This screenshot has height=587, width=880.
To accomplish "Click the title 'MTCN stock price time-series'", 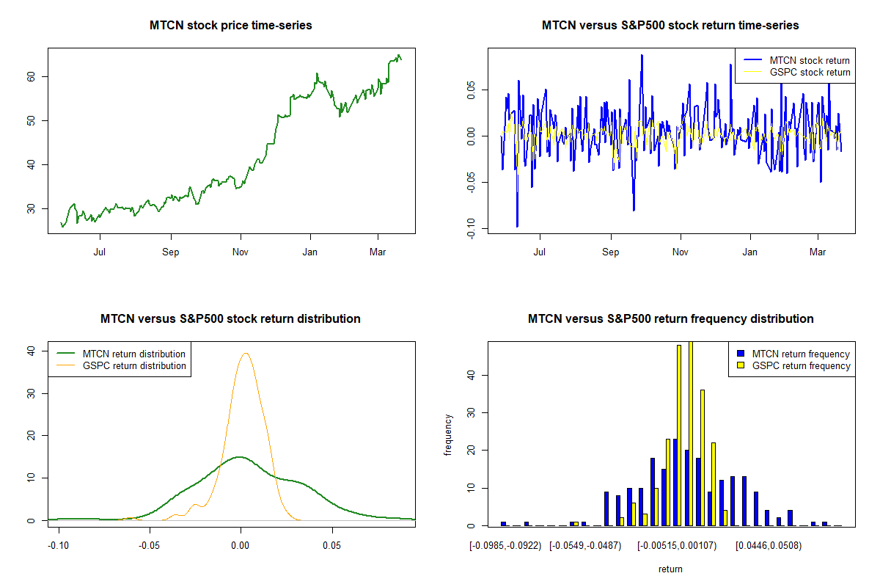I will click(231, 26).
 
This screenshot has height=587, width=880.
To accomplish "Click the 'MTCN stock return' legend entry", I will click(810, 60).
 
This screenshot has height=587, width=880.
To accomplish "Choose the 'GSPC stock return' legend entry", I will click(810, 72).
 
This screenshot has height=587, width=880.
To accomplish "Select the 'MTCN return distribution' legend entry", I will click(134, 354).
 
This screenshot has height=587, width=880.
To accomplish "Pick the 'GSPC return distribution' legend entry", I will click(134, 365).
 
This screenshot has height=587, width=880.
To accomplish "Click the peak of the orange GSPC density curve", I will click(246, 353).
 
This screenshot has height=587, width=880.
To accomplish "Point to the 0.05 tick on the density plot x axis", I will click(333, 546).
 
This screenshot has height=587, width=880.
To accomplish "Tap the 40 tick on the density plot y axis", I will click(31, 351).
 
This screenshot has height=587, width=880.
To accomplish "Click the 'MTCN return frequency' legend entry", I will click(801, 354).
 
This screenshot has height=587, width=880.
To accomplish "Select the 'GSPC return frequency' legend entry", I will click(801, 365).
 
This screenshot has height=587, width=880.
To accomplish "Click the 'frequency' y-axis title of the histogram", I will click(449, 434).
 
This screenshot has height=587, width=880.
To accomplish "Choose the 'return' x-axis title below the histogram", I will click(670, 569).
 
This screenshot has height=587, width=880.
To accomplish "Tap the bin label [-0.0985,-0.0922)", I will click(505, 546).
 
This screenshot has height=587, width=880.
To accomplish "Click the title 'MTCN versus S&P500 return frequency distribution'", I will click(670, 319).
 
